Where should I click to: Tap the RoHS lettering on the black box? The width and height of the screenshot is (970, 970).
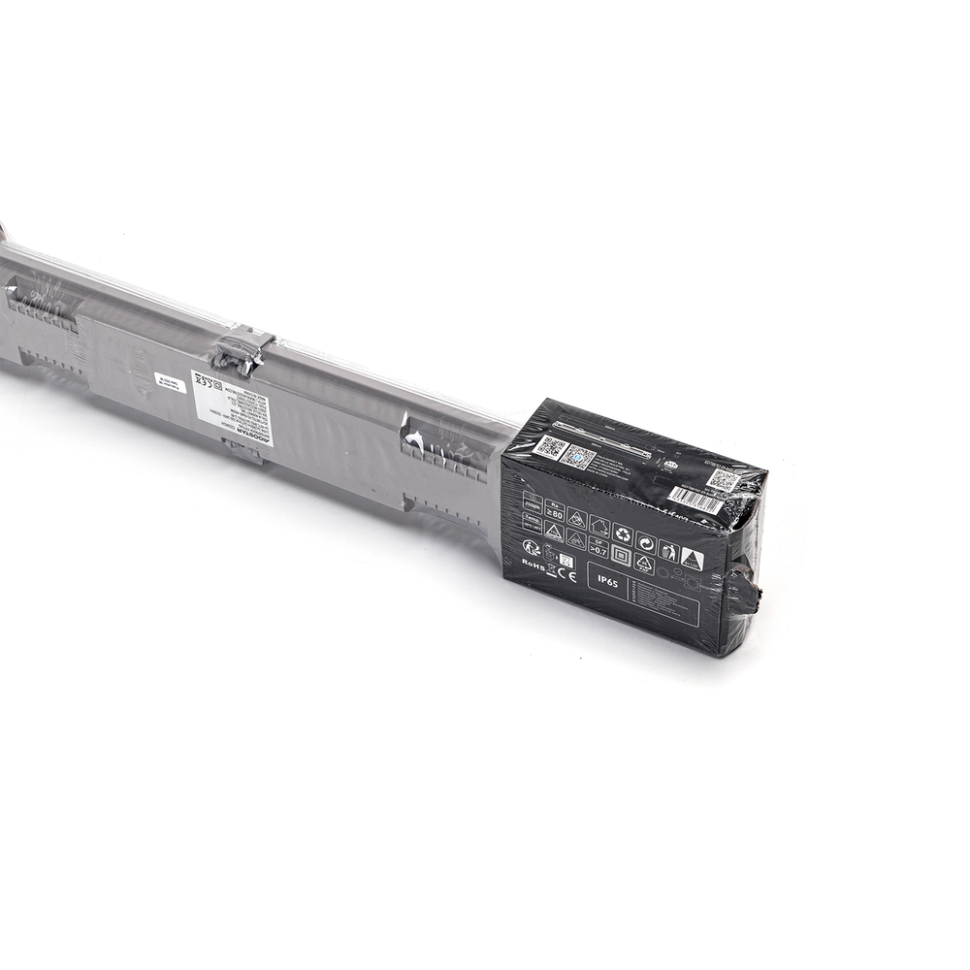point(533,563)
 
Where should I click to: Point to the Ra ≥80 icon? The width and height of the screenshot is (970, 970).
point(554,511)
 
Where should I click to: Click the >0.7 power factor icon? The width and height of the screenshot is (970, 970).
point(598,547)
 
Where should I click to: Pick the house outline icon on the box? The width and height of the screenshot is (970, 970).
point(599,525)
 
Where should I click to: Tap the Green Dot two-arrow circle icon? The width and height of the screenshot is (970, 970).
point(646,542)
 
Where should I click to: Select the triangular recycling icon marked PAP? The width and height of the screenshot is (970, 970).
point(644,564)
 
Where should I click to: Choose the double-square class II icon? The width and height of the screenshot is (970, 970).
point(621,556)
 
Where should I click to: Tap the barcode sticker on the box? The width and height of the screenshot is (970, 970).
point(695,501)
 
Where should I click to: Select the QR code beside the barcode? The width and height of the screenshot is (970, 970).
point(724,480)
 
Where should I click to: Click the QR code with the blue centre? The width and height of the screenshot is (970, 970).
point(578,456)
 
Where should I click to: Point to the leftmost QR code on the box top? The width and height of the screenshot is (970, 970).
point(550,447)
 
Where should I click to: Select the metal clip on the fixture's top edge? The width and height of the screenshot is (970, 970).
point(242,347)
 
